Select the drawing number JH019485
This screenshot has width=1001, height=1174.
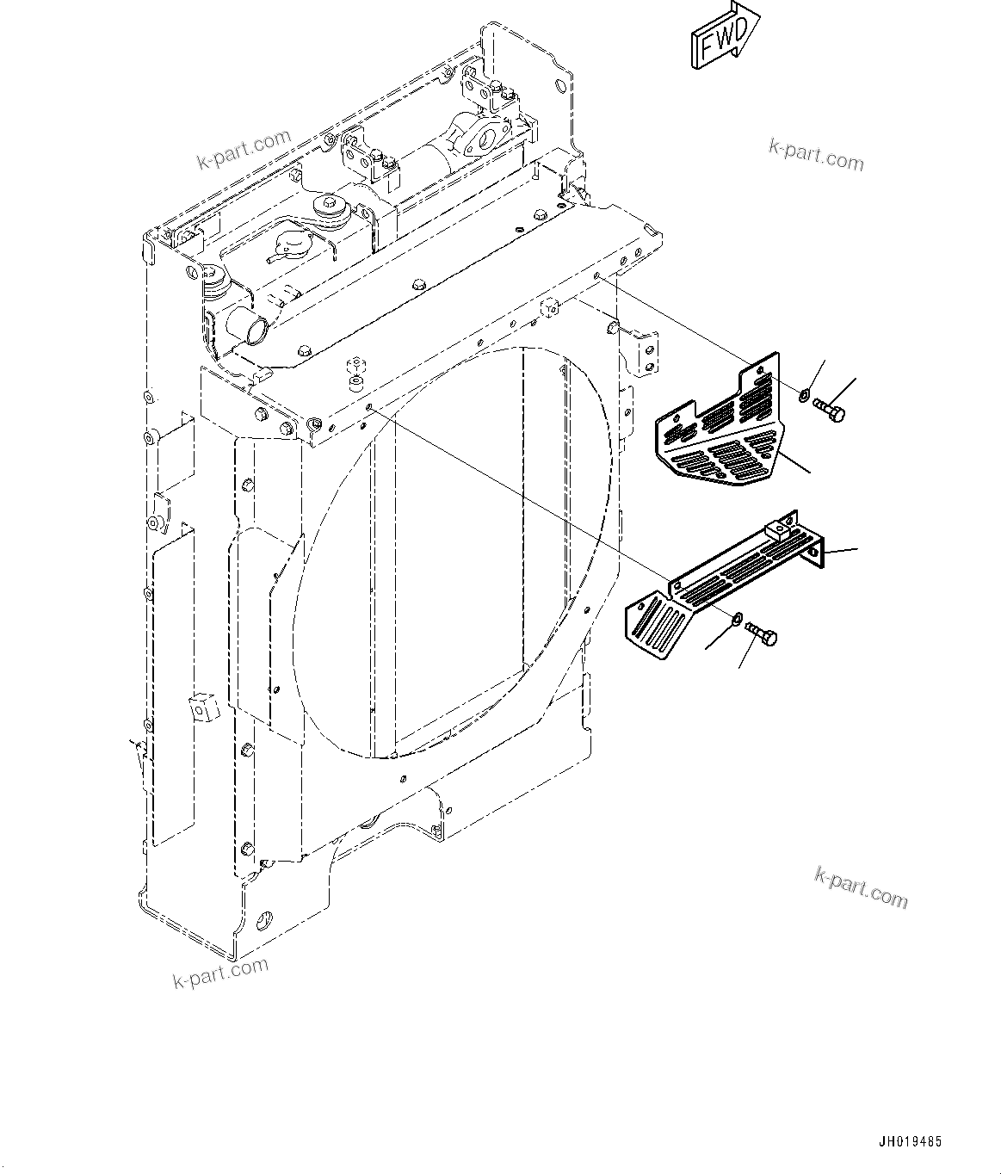910,1142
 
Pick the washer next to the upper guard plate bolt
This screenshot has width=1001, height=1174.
803,395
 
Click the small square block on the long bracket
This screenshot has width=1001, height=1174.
781,528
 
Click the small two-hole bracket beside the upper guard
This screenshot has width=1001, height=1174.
646,352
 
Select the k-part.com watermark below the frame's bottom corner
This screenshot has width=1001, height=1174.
220,973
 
